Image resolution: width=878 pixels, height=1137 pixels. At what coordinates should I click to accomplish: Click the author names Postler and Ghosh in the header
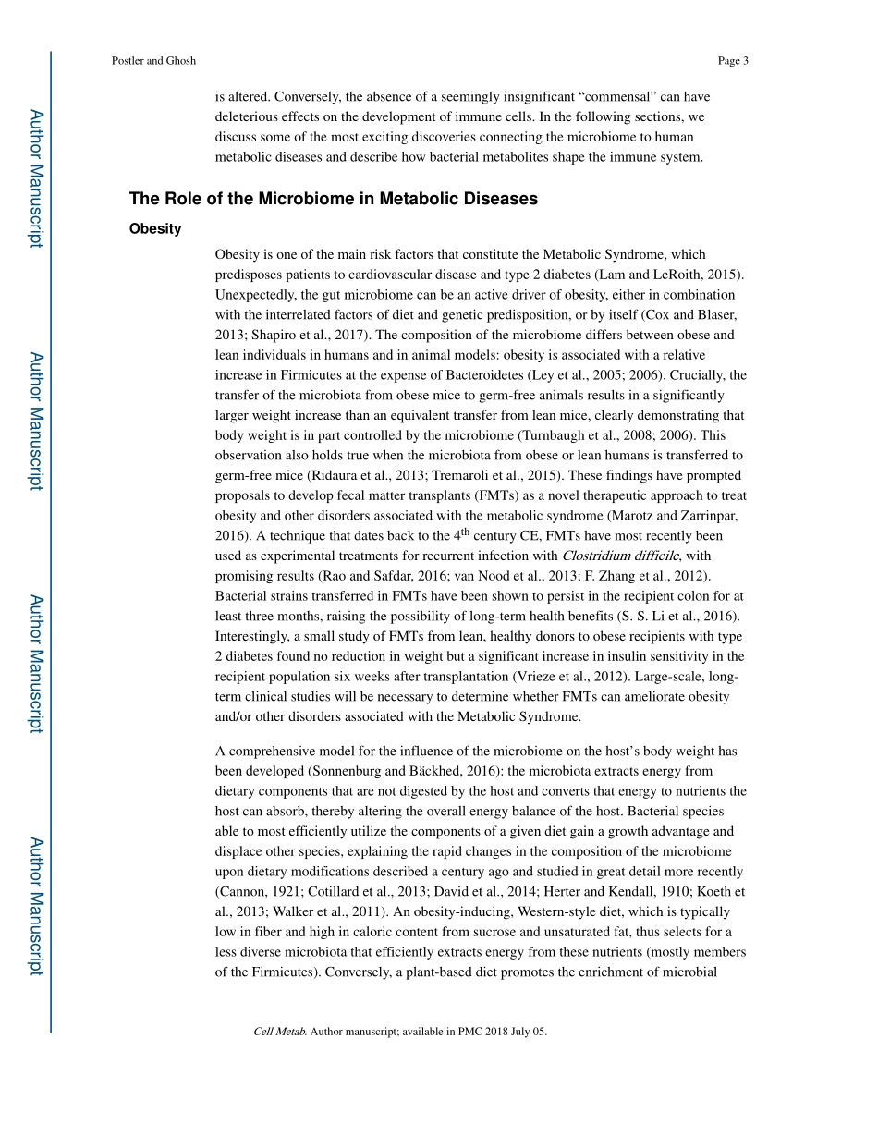click(153, 61)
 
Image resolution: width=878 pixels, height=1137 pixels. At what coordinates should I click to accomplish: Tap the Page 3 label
click(732, 61)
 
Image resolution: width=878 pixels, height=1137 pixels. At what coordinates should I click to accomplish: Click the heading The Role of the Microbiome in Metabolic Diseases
click(333, 199)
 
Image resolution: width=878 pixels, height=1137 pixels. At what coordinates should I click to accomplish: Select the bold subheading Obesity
click(155, 228)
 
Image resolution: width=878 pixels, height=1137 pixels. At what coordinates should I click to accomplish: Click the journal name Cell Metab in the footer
click(279, 1032)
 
